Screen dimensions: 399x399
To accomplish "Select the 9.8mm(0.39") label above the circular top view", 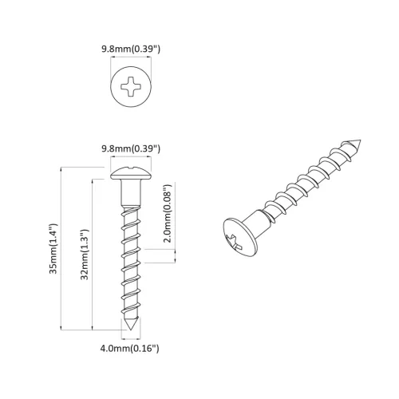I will (132, 49).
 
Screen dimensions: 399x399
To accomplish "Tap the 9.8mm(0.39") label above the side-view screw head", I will (132, 149).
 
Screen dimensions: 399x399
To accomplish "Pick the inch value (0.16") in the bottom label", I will (146, 348).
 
